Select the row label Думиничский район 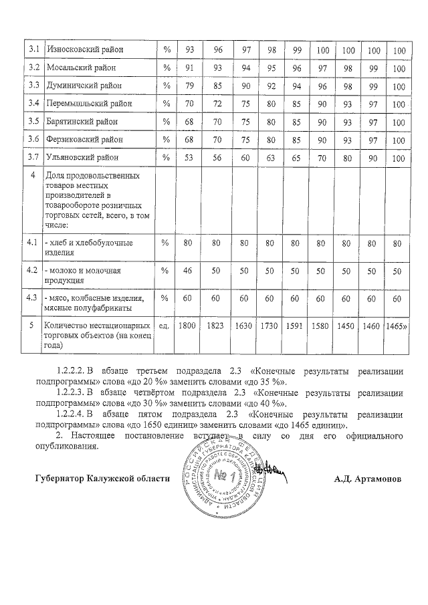[84, 86]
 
